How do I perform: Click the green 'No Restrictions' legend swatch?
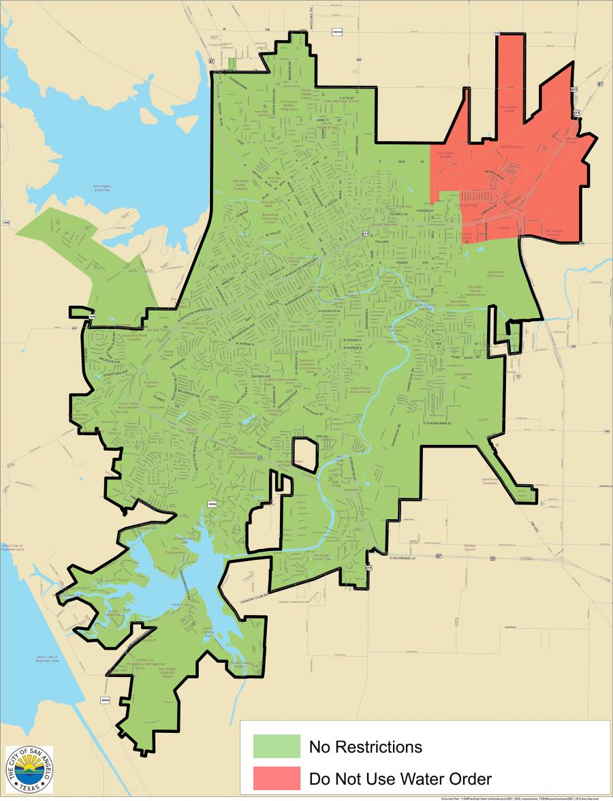point(277,746)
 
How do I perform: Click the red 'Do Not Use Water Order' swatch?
point(277,778)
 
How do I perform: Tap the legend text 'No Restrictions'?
point(365,747)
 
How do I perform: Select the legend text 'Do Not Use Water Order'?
point(400,778)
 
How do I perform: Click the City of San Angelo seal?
point(29,769)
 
